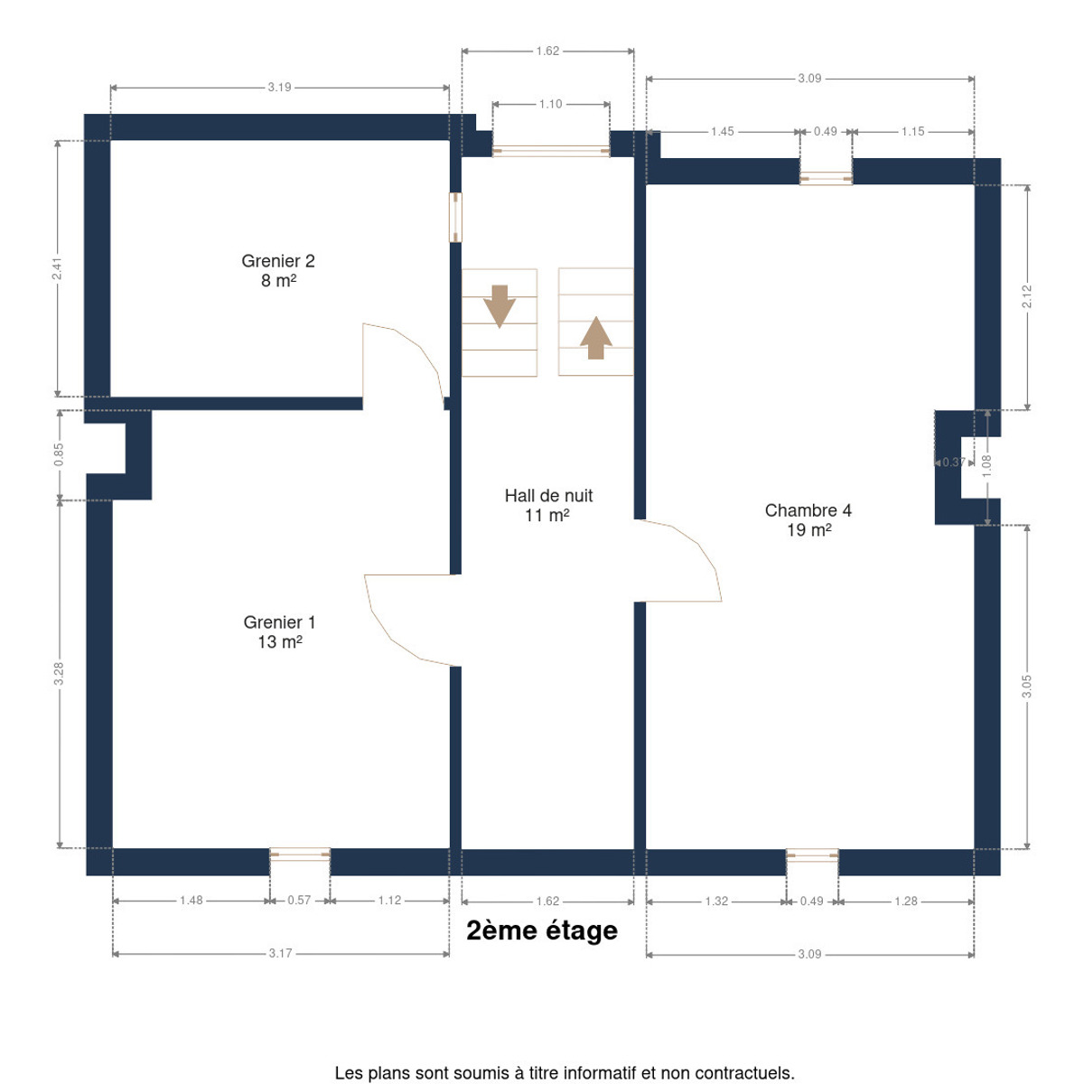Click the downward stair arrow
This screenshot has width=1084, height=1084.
499,306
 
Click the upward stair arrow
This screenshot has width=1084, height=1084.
595,338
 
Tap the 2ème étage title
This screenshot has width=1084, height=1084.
542,930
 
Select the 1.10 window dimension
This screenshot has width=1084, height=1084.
550,104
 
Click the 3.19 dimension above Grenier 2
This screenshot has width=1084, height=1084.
279,88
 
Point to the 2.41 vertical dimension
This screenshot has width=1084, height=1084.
57,268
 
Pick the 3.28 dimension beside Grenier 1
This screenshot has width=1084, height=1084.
59,673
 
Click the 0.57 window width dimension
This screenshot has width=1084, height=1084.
299,900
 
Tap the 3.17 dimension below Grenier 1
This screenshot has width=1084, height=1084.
280,953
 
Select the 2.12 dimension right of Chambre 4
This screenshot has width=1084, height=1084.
1027,296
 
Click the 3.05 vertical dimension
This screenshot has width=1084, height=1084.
1027,687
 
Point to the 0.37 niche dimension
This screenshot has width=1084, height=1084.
954,462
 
